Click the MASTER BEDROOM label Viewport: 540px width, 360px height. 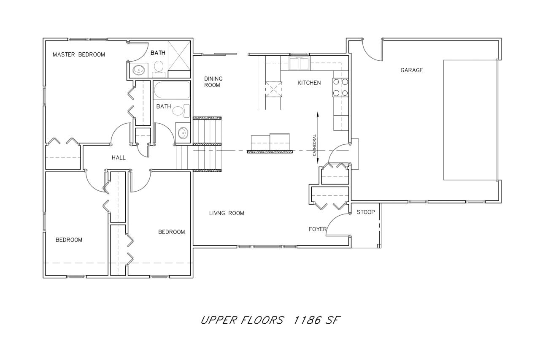click(x=78, y=54)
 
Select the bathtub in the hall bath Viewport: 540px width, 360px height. click(x=172, y=90)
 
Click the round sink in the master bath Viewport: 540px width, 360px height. click(x=138, y=70)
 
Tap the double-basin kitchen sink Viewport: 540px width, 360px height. click(x=300, y=64)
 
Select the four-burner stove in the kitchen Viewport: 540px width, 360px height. click(x=341, y=87)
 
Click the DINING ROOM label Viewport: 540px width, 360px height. click(x=213, y=82)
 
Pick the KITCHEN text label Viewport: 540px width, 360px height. click(x=309, y=83)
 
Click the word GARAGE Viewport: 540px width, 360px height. click(x=411, y=70)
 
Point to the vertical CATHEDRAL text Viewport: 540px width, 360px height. click(x=315, y=145)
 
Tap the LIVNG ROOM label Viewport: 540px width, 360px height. click(x=227, y=213)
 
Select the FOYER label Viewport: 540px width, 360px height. click(x=318, y=229)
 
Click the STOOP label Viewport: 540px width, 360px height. click(x=365, y=212)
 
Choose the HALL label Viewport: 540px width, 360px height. click(x=119, y=157)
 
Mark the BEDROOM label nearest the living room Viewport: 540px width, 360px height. click(x=171, y=232)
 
